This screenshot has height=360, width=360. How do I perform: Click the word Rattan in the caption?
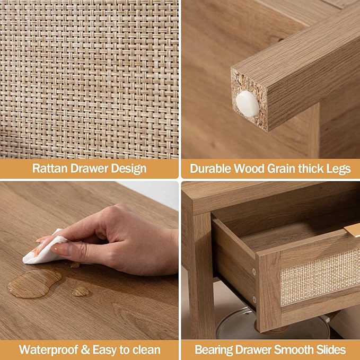(50, 169)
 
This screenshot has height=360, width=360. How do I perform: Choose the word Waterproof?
(48, 350)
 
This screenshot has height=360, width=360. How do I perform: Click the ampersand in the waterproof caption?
(85, 350)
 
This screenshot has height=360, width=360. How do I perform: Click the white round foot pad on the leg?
(248, 103)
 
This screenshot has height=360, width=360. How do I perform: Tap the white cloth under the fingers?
(43, 249)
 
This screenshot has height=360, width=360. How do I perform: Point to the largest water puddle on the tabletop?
(34, 284)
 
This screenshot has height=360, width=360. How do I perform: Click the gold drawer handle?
(352, 231)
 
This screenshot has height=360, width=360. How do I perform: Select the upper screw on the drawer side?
(254, 272)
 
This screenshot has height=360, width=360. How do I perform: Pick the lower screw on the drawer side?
(254, 299)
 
